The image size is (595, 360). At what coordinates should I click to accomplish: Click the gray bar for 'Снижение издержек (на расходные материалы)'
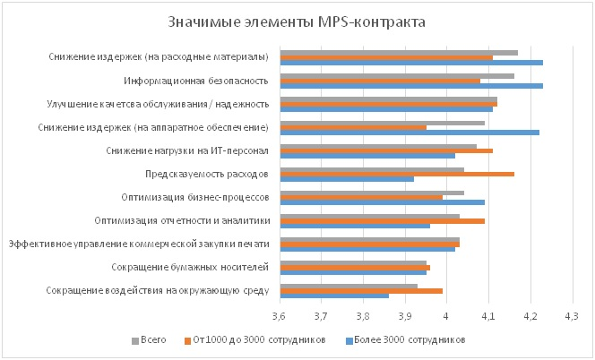point(399,52)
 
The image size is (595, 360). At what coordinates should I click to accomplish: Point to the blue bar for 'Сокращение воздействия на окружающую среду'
point(334,296)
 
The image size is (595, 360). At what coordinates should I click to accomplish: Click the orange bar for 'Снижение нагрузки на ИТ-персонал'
point(386,150)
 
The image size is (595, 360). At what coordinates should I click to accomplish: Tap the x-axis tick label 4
point(446,316)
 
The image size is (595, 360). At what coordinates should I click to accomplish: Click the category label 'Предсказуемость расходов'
point(206,174)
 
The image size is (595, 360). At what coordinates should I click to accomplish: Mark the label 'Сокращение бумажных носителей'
point(190,267)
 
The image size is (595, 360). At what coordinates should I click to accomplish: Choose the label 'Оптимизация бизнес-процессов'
point(194,197)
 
